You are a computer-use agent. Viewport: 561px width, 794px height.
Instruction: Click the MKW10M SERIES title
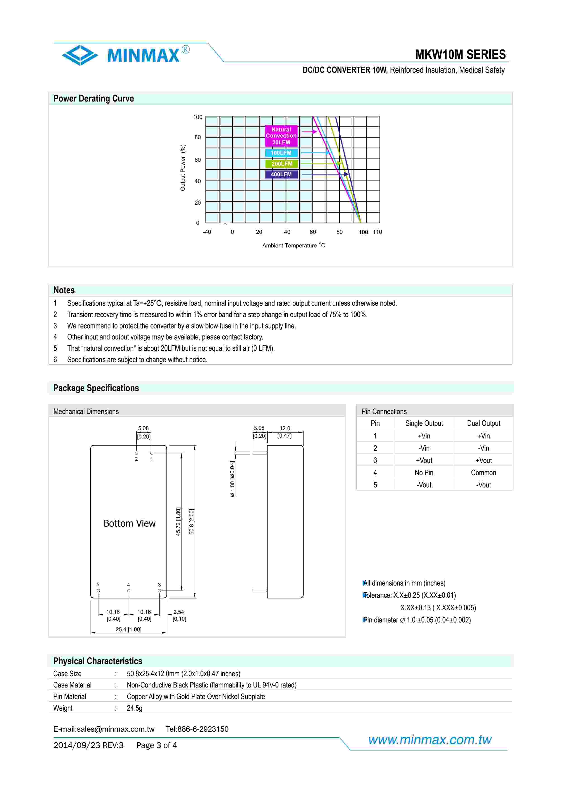coord(460,55)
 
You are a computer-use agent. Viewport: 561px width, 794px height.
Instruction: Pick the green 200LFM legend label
coord(282,164)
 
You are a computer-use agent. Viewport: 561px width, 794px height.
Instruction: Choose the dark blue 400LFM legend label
coord(281,174)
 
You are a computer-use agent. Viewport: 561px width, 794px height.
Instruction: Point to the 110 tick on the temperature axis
coord(377,232)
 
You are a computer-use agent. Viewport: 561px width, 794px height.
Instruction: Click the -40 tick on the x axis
coord(207,232)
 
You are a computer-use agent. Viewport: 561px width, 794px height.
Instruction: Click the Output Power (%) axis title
coord(183,168)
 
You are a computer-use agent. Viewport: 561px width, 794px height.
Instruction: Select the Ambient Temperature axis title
coord(293,246)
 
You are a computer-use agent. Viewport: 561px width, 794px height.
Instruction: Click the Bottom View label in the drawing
coord(129,524)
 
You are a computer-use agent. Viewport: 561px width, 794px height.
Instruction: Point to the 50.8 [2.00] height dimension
coord(192,521)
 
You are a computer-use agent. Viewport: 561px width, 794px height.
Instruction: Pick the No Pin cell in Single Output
coord(424,473)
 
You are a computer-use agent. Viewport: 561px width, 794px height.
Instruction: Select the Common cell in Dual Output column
coord(483,473)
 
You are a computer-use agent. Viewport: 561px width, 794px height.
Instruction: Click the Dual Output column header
coord(483,423)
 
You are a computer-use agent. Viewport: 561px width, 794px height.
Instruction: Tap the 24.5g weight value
coord(134,708)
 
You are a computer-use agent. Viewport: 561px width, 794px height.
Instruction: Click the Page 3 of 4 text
coord(156,745)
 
